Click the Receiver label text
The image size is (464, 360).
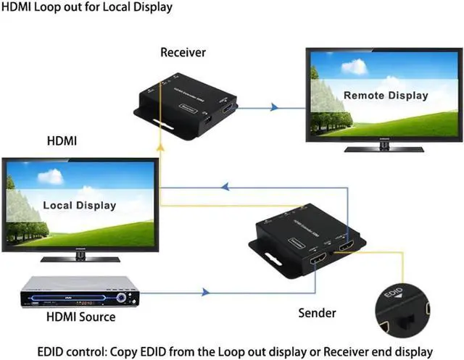coord(183,52)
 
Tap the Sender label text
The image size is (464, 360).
coord(318,313)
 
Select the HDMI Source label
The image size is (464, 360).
coord(80,317)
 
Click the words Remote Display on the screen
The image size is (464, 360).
coord(386,95)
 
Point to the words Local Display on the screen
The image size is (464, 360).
coord(80,205)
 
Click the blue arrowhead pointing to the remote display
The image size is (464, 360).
coord(274,108)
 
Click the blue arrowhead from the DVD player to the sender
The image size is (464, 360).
coord(205,293)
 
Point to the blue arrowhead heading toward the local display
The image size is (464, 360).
coord(225,188)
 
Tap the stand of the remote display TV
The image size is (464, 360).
coord(384,148)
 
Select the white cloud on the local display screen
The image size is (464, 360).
coord(50,176)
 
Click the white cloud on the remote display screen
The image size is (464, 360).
coord(354,67)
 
